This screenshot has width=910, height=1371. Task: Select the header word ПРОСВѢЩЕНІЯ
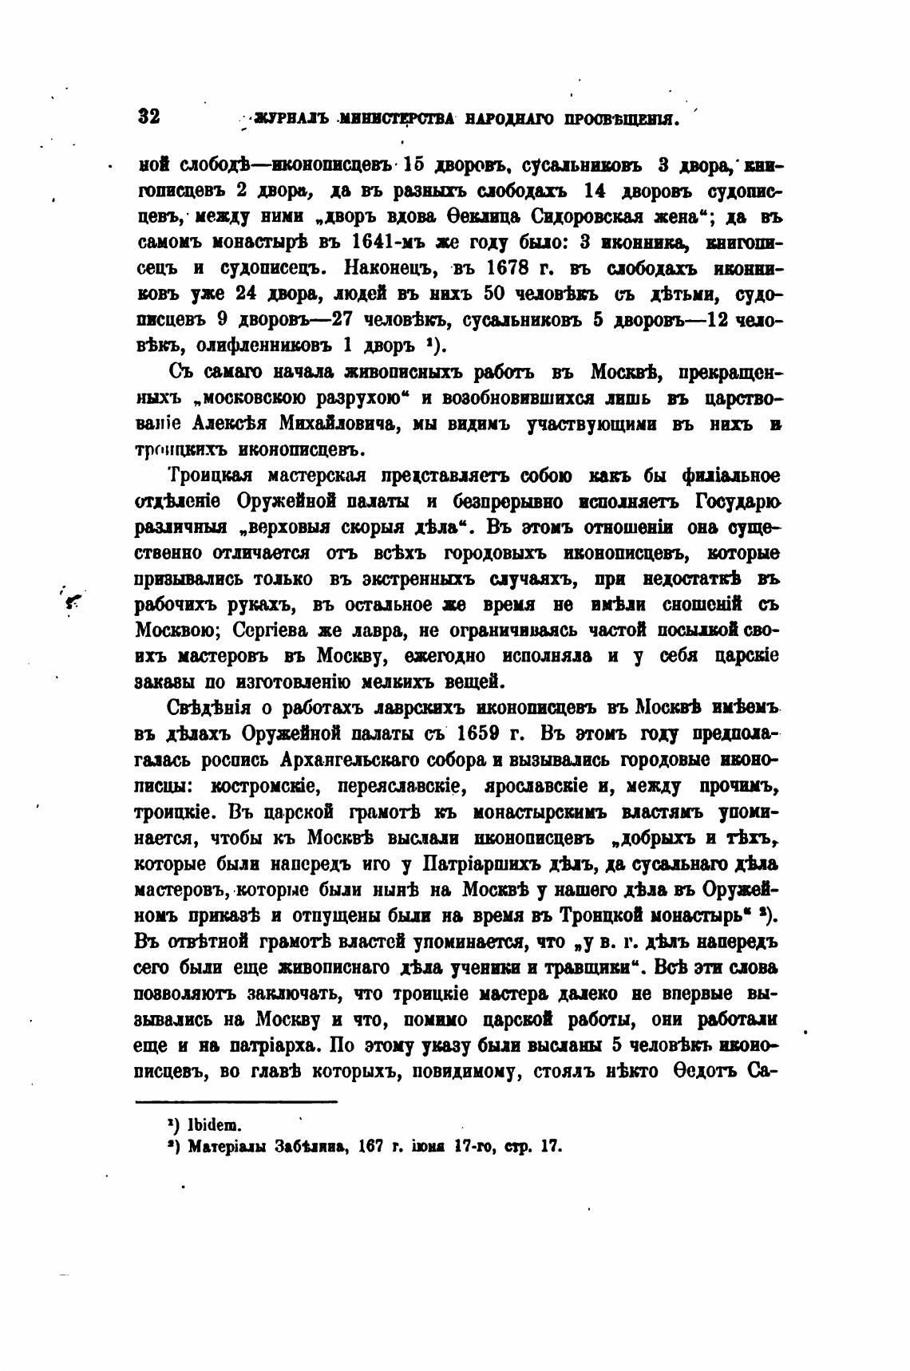[622, 120]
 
